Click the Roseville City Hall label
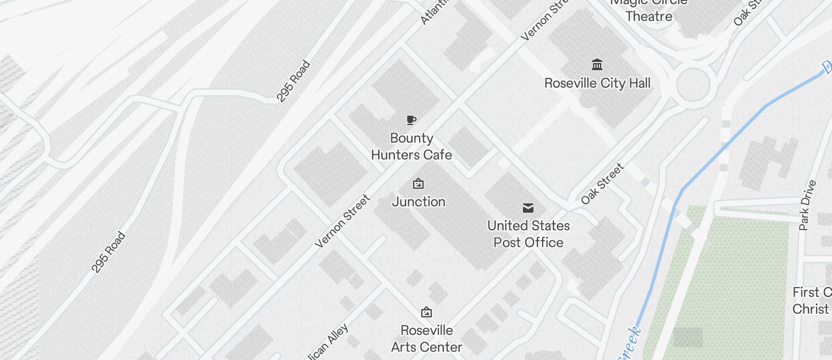point(597,83)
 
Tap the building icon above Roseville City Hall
point(597,64)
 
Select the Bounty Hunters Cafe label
point(411,146)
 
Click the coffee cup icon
point(411,120)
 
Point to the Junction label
point(418,202)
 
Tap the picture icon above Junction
point(418,184)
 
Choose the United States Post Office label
point(528,234)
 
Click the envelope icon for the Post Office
point(528,207)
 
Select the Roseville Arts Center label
point(427,338)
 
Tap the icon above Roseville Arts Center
point(427,312)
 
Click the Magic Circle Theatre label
point(649,10)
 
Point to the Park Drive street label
point(807,205)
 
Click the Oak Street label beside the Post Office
point(602,184)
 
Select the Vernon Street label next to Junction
point(342,221)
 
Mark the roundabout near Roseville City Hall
point(693,84)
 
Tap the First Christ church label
point(812,300)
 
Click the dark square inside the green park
point(688,337)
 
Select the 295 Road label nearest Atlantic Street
point(293,81)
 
